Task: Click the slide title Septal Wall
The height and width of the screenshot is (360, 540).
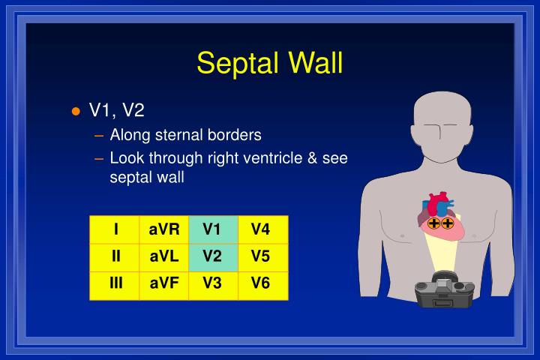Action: click(x=270, y=62)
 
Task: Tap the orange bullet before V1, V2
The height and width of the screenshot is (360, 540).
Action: click(x=75, y=112)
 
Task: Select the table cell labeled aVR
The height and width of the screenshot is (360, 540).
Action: click(x=164, y=229)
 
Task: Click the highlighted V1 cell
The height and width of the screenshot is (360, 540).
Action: click(x=212, y=229)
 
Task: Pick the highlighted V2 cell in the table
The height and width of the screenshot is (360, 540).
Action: click(x=212, y=256)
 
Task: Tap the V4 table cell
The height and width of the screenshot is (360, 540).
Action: click(x=260, y=229)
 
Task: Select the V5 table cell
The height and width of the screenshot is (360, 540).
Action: click(x=260, y=256)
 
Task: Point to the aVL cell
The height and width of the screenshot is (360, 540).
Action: click(x=164, y=256)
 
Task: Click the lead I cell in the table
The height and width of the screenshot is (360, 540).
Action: click(x=116, y=229)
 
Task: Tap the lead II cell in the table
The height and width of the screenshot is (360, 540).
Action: click(x=116, y=256)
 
